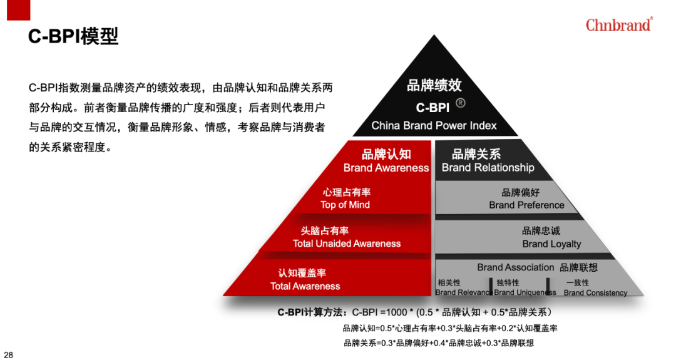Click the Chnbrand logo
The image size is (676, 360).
point(619,24)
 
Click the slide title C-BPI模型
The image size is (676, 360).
point(73,36)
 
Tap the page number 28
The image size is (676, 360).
point(8,354)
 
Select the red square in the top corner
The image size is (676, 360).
point(19,9)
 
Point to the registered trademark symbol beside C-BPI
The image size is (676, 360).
point(461,103)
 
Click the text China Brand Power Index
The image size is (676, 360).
point(434,125)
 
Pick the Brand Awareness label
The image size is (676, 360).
point(386,168)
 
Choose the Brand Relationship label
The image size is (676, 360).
point(488,167)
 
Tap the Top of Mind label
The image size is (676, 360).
point(345,205)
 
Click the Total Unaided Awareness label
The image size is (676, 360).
point(347,244)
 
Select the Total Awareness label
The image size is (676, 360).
point(305,286)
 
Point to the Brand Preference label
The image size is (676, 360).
point(526,205)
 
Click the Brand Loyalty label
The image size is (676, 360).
point(551,244)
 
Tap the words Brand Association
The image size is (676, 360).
point(515,267)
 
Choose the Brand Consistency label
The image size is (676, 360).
point(595,293)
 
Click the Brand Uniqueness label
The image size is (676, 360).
point(525,292)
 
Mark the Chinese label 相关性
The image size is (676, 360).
point(449,283)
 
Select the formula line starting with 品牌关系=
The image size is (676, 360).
point(438,343)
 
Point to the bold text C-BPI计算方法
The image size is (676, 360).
point(310,312)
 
